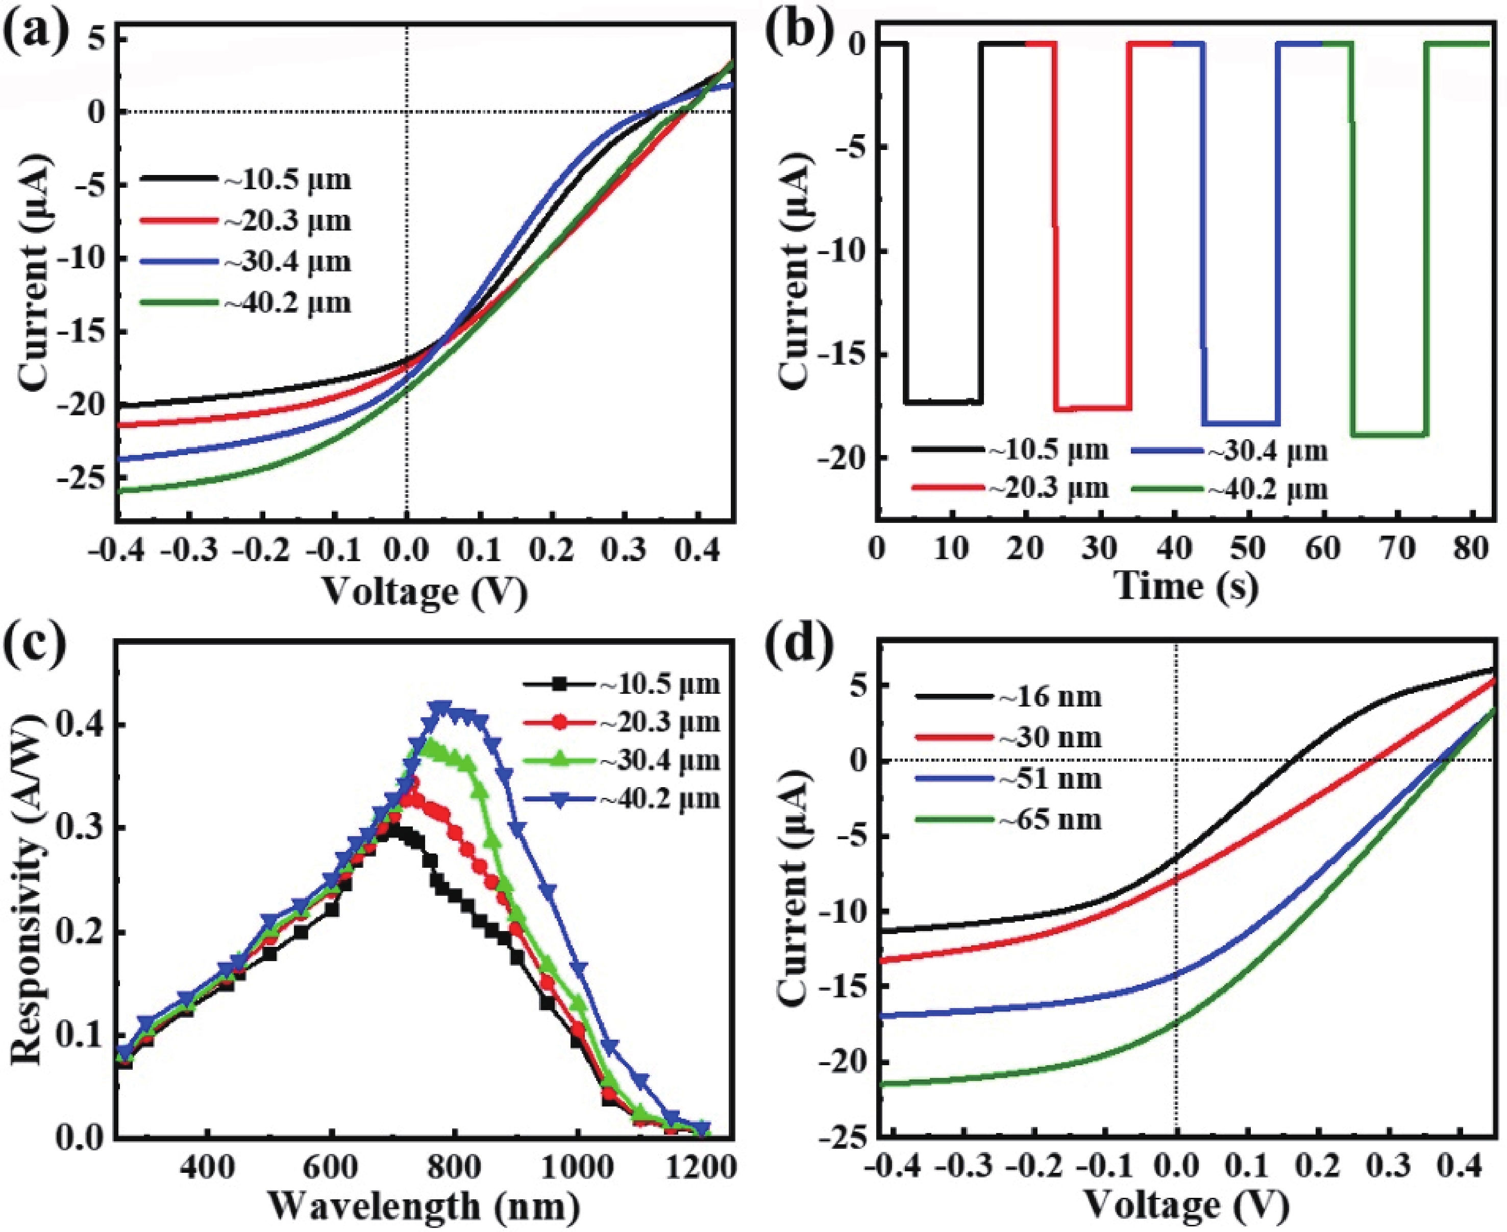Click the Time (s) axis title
(x=1186, y=586)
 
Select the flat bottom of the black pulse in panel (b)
(x=944, y=403)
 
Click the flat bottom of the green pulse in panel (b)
(x=1390, y=434)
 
